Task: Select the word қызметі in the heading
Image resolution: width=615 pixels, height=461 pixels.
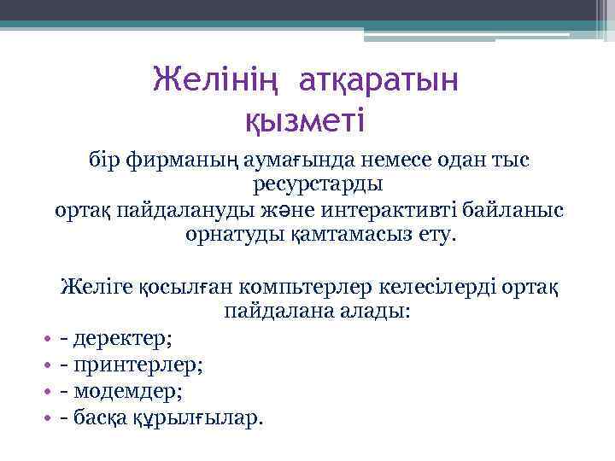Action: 305,120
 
